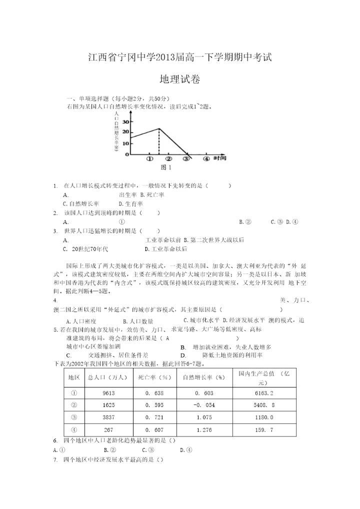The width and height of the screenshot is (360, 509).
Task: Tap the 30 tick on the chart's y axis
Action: click(125, 121)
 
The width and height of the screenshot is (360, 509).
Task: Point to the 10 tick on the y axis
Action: click(125, 143)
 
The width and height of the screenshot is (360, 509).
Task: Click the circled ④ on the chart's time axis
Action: click(206, 159)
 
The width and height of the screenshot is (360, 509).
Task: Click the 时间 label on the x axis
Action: click(220, 158)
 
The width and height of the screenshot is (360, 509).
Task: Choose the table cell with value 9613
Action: click(108, 393)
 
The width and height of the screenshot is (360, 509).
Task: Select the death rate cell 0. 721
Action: click(154, 417)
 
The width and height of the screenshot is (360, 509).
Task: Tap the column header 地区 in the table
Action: click(74, 377)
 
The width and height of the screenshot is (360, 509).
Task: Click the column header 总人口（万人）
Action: click(108, 377)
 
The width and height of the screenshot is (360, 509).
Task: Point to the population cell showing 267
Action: click(108, 430)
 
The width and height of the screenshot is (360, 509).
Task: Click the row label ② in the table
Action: click(74, 405)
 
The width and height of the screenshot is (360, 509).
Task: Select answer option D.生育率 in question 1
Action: click(130, 204)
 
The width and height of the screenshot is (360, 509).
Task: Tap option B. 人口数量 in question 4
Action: click(138, 321)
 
